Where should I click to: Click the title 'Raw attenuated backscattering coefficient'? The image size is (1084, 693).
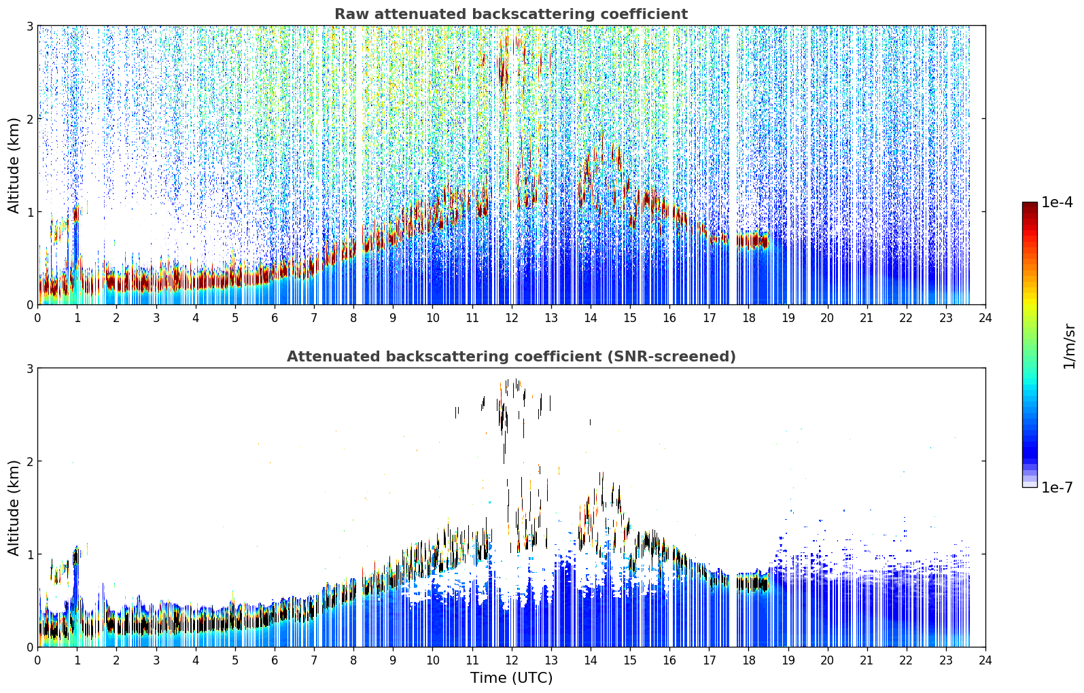click(511, 14)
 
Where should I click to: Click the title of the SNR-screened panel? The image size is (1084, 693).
click(511, 357)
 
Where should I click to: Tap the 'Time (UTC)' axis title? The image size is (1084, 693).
click(511, 677)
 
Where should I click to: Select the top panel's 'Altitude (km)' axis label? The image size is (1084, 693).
click(14, 166)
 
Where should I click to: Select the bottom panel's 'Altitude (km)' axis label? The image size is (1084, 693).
click(14, 508)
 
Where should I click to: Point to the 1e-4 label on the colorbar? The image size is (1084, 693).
click(1057, 202)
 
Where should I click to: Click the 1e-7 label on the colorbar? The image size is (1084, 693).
click(1057, 487)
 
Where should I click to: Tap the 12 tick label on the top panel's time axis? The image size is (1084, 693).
click(512, 318)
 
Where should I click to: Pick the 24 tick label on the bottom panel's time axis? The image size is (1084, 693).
click(985, 660)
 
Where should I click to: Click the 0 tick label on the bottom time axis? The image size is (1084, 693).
click(38, 660)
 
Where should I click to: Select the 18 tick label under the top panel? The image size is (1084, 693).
click(749, 318)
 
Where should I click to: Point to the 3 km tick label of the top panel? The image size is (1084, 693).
click(29, 26)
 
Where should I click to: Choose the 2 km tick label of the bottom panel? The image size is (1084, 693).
click(29, 461)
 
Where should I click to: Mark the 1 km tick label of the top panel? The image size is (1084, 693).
click(29, 212)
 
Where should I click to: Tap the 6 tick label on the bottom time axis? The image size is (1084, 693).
click(275, 660)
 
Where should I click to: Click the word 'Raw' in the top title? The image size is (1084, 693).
click(352, 14)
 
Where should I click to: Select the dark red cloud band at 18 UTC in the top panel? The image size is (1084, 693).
click(752, 241)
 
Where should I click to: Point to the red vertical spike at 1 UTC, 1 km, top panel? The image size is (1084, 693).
click(76, 213)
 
